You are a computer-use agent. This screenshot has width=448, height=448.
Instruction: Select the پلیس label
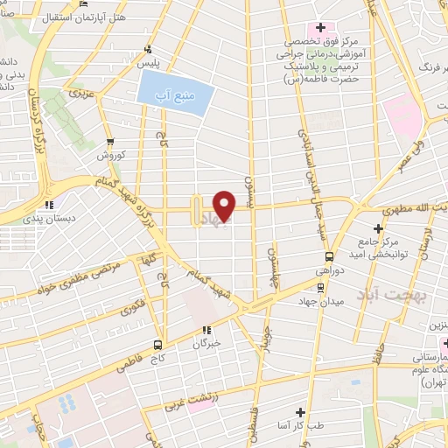tap(152, 64)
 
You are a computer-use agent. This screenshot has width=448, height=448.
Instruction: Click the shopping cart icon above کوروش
tap(110, 141)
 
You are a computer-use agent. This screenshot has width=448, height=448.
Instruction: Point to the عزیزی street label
tap(82, 92)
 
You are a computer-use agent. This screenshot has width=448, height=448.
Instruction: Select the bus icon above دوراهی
tap(329, 256)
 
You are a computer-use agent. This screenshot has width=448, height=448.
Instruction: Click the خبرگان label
tap(207, 344)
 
